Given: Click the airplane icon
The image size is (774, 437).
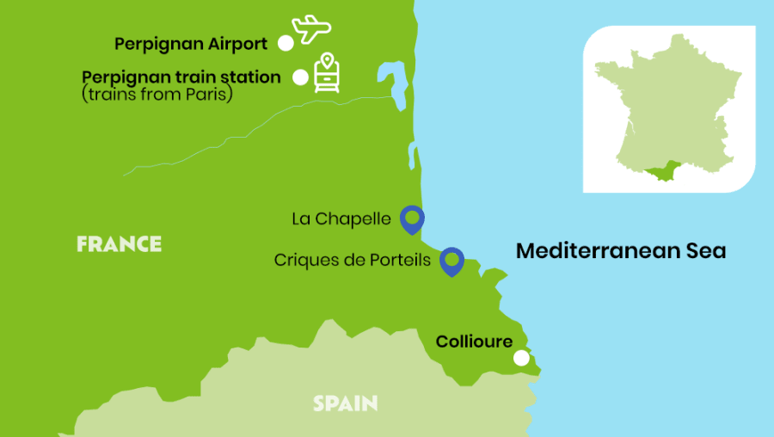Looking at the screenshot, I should (x=310, y=28).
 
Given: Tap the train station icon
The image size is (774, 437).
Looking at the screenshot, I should (x=325, y=73).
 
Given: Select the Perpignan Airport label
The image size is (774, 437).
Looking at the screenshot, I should (x=191, y=43).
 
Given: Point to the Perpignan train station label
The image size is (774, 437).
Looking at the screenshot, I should (x=181, y=77).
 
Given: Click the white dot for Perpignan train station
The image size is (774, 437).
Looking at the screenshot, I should (x=300, y=77).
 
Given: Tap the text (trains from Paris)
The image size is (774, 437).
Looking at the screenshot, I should (x=157, y=95).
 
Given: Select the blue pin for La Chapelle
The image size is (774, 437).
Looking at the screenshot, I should (x=413, y=218).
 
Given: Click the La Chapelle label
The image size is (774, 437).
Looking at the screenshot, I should (x=341, y=219).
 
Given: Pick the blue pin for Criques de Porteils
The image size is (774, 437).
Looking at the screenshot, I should (x=451, y=260).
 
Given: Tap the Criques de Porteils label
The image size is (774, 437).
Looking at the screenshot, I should (x=353, y=260).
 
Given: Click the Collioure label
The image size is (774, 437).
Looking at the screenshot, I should (x=474, y=342).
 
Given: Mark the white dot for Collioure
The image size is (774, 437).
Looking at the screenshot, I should (x=521, y=359).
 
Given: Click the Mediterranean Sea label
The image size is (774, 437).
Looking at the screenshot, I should (x=620, y=251).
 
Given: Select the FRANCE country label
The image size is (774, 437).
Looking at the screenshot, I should (x=119, y=244).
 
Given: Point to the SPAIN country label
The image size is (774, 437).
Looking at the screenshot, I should (x=345, y=403).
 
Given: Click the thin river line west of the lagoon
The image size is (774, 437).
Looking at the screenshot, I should (x=258, y=129).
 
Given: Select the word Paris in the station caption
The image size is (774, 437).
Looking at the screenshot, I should (x=210, y=95).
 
